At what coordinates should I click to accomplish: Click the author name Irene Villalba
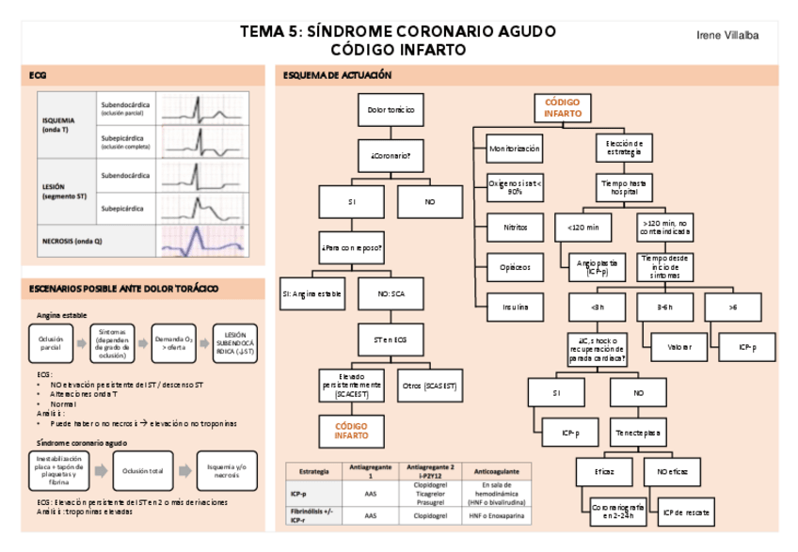click(727, 35)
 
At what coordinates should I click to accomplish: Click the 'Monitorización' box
click(515, 149)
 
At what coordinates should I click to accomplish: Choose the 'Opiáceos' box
click(515, 267)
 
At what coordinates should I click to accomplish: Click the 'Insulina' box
click(515, 307)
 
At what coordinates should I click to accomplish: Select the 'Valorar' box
click(678, 347)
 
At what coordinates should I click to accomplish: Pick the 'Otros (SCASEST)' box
click(429, 386)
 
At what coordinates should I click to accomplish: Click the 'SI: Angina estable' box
click(312, 293)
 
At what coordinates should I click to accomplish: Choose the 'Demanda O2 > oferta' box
click(174, 342)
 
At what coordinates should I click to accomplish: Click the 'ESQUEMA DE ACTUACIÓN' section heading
click(331, 75)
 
